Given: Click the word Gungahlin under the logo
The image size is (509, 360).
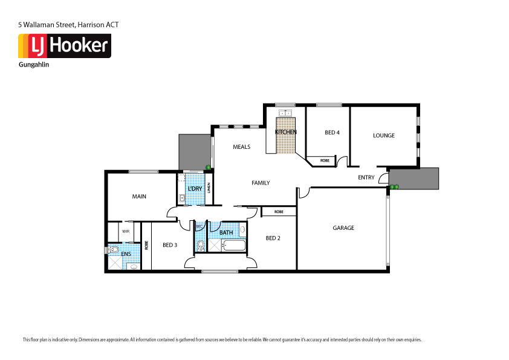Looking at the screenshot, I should [x=34, y=64].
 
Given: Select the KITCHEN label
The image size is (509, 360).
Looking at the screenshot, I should [x=285, y=132].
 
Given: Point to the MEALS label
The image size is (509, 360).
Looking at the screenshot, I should [x=241, y=147].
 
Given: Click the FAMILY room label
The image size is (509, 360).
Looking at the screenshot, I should [x=261, y=183].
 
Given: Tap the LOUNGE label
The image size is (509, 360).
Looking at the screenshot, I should [x=383, y=136].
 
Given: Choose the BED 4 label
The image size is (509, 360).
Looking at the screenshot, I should [x=332, y=133].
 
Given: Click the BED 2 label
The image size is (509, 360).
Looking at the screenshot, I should [x=273, y=238].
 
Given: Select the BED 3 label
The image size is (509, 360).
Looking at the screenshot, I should [x=170, y=245].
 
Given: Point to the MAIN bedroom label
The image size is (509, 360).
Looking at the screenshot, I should [x=139, y=197].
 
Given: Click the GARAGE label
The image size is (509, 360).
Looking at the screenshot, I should [x=343, y=228].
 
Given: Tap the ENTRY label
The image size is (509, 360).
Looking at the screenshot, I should [x=366, y=178].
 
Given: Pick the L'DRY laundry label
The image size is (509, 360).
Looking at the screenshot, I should [x=195, y=189].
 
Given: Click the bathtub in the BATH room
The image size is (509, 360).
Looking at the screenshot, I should [x=234, y=246].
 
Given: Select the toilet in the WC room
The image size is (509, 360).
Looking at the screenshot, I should [x=201, y=246].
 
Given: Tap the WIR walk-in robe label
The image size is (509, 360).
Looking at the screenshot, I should [x=126, y=231].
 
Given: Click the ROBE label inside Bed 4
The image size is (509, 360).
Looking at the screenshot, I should [x=325, y=160].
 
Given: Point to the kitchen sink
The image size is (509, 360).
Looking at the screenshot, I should [x=285, y=113].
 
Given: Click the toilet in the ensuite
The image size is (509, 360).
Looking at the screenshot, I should [x=112, y=249].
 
